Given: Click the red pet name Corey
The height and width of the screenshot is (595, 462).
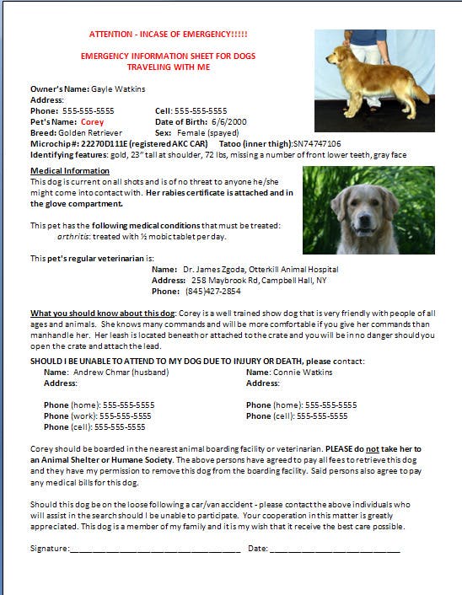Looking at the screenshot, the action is [x=92, y=121].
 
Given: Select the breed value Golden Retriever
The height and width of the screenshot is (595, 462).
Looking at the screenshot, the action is [x=89, y=132].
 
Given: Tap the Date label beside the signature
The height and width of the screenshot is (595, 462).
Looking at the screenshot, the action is [x=257, y=549].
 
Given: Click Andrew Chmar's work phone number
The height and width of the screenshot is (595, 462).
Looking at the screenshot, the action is [x=126, y=415].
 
